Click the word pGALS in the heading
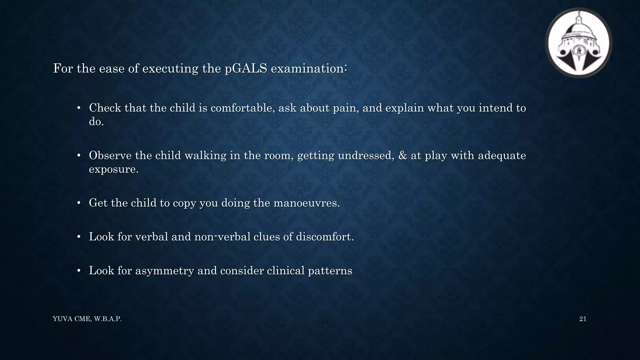click(246, 68)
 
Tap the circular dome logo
click(578, 43)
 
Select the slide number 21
click(582, 319)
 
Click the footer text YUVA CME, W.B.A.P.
click(87, 319)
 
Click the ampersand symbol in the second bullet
click(403, 155)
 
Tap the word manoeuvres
click(306, 203)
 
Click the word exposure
click(113, 169)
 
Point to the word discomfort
click(325, 237)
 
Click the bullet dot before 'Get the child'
click(79, 203)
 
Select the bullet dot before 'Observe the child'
click(79, 156)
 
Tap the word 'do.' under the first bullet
click(96, 122)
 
